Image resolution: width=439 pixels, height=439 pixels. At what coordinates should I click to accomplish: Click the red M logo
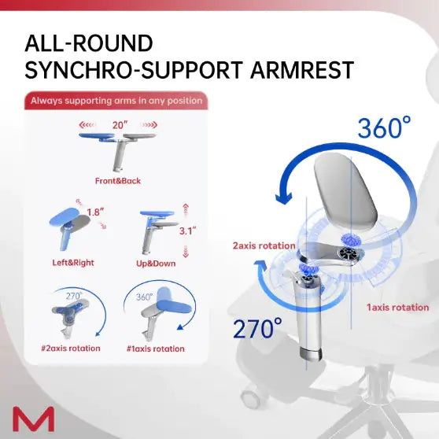pyautogui.click(x=33, y=418)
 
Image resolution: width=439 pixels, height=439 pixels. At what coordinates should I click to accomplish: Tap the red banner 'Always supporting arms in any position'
pyautogui.click(x=116, y=101)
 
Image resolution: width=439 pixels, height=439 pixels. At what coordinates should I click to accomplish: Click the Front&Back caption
pyautogui.click(x=117, y=181)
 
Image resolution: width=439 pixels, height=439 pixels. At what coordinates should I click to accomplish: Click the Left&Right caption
pyautogui.click(x=73, y=263)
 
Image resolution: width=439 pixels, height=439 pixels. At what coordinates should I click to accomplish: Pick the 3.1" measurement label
pyautogui.click(x=187, y=231)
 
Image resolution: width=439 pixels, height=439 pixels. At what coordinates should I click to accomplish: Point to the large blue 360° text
pyautogui.click(x=383, y=127)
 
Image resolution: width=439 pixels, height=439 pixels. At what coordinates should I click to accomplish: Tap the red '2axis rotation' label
pyautogui.click(x=264, y=246)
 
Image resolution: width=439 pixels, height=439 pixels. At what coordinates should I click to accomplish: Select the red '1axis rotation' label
pyautogui.click(x=398, y=308)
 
